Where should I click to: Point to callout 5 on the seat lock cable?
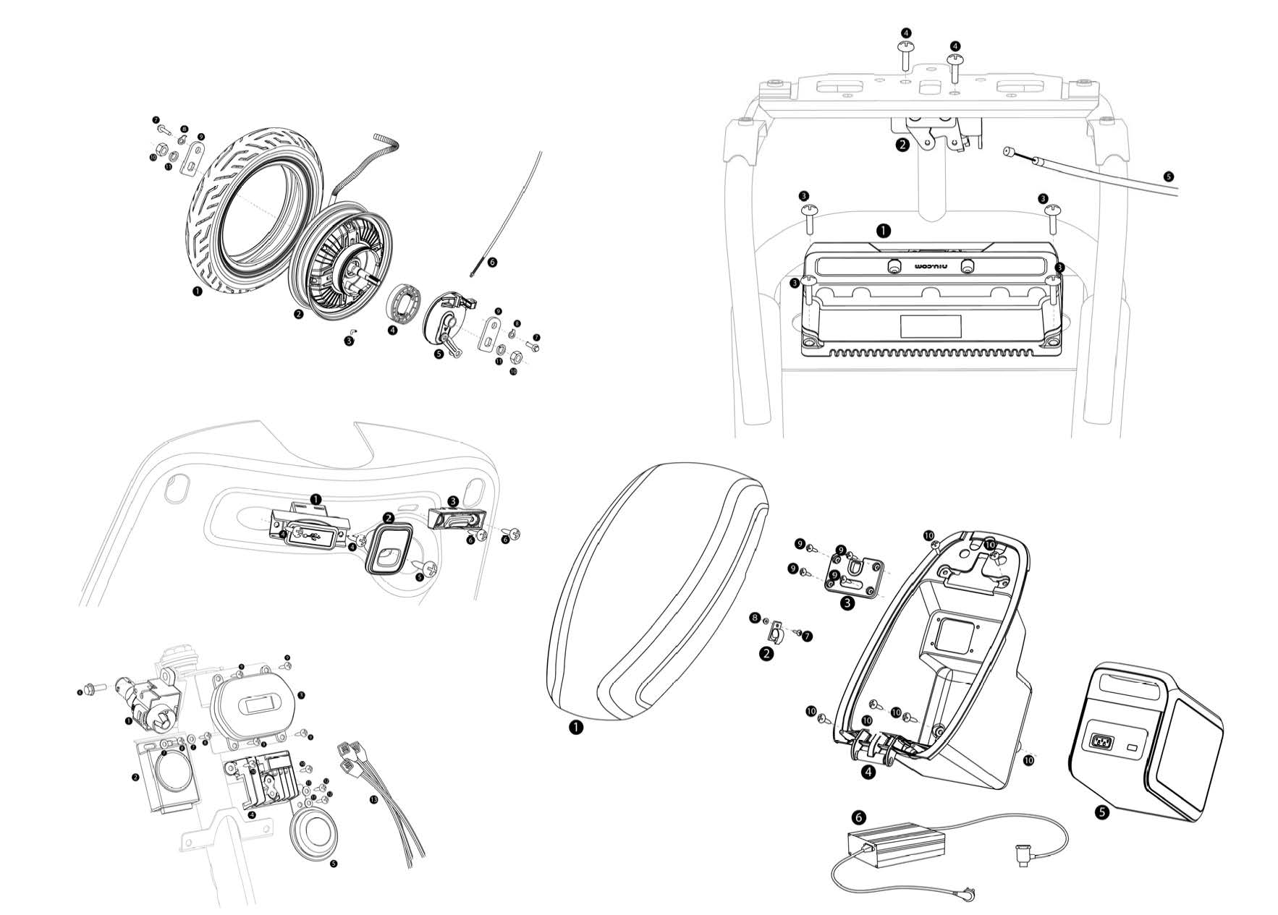[x=1170, y=175]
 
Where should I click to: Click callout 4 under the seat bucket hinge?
[x=868, y=772]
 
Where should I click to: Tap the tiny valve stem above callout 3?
[x=354, y=331]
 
